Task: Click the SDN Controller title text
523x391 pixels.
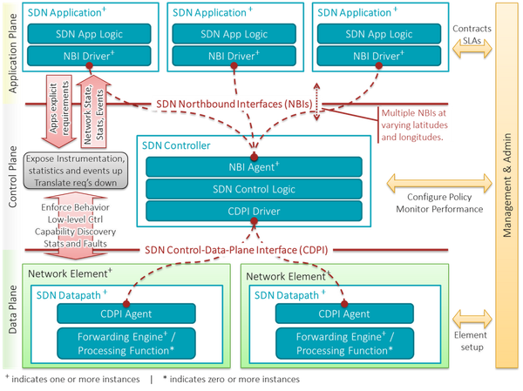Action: pos(175,145)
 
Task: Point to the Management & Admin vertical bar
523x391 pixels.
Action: pos(505,185)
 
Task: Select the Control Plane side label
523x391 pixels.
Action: pos(10,174)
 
